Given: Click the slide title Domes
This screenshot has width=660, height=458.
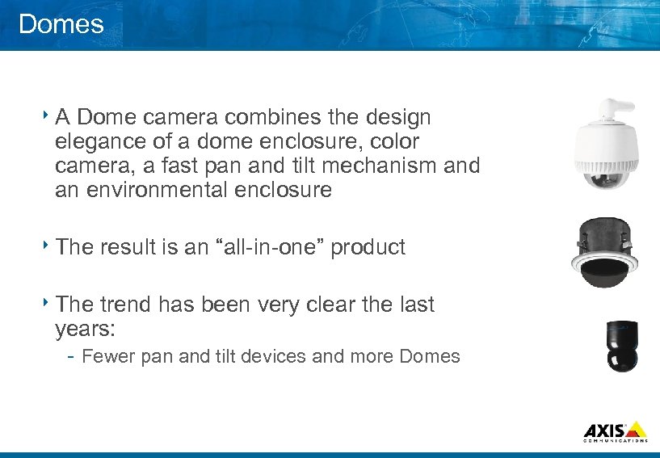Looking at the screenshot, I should tap(61, 24).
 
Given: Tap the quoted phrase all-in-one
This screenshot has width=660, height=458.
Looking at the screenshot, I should tap(263, 247).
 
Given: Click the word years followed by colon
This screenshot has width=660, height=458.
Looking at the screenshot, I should tap(85, 330).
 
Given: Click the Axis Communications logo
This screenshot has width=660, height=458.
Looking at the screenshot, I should tap(615, 431).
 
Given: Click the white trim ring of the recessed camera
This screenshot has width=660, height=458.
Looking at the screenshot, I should tap(605, 261).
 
